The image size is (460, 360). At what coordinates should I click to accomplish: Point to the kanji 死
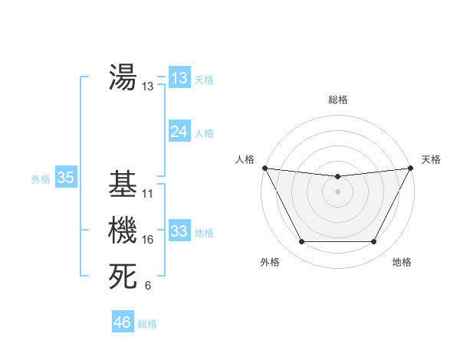pyautogui.click(x=123, y=277)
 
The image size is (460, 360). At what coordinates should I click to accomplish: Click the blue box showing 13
pyautogui.click(x=179, y=78)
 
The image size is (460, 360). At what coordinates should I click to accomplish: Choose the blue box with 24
pyautogui.click(x=179, y=132)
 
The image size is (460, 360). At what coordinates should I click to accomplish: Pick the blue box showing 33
pyautogui.click(x=179, y=231)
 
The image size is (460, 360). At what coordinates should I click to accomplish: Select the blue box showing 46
pyautogui.click(x=122, y=322)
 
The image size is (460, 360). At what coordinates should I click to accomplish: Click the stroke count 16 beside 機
pyautogui.click(x=148, y=241)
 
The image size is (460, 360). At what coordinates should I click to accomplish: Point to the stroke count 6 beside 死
pyautogui.click(x=148, y=286)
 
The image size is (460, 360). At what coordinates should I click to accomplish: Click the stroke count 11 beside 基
pyautogui.click(x=148, y=195)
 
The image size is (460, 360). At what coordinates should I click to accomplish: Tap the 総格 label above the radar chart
pyautogui.click(x=337, y=100)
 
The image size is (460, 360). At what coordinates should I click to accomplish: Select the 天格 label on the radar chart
pyautogui.click(x=431, y=159)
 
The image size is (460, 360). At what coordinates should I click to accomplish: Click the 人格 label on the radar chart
pyautogui.click(x=245, y=159)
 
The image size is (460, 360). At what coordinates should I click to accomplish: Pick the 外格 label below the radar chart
pyautogui.click(x=270, y=262)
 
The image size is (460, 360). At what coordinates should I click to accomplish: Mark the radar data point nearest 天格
pyautogui.click(x=411, y=168)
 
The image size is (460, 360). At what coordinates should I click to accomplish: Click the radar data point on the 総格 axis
pyautogui.click(x=337, y=176)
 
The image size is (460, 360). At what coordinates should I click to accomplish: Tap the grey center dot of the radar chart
pyautogui.click(x=337, y=191)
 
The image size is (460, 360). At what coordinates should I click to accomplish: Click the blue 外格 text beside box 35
pyautogui.click(x=41, y=179)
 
